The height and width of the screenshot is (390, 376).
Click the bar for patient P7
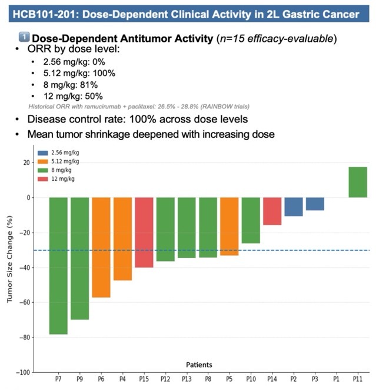(x=58, y=265)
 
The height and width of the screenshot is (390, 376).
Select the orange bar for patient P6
(x=101, y=247)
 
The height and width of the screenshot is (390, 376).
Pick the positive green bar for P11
(x=358, y=182)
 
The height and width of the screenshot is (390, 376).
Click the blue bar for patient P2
(x=294, y=207)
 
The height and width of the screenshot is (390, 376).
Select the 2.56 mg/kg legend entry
(x=61, y=153)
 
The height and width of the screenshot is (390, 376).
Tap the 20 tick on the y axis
(x=25, y=163)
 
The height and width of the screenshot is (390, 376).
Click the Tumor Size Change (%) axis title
(x=10, y=265)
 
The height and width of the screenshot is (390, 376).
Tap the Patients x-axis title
(x=199, y=364)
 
